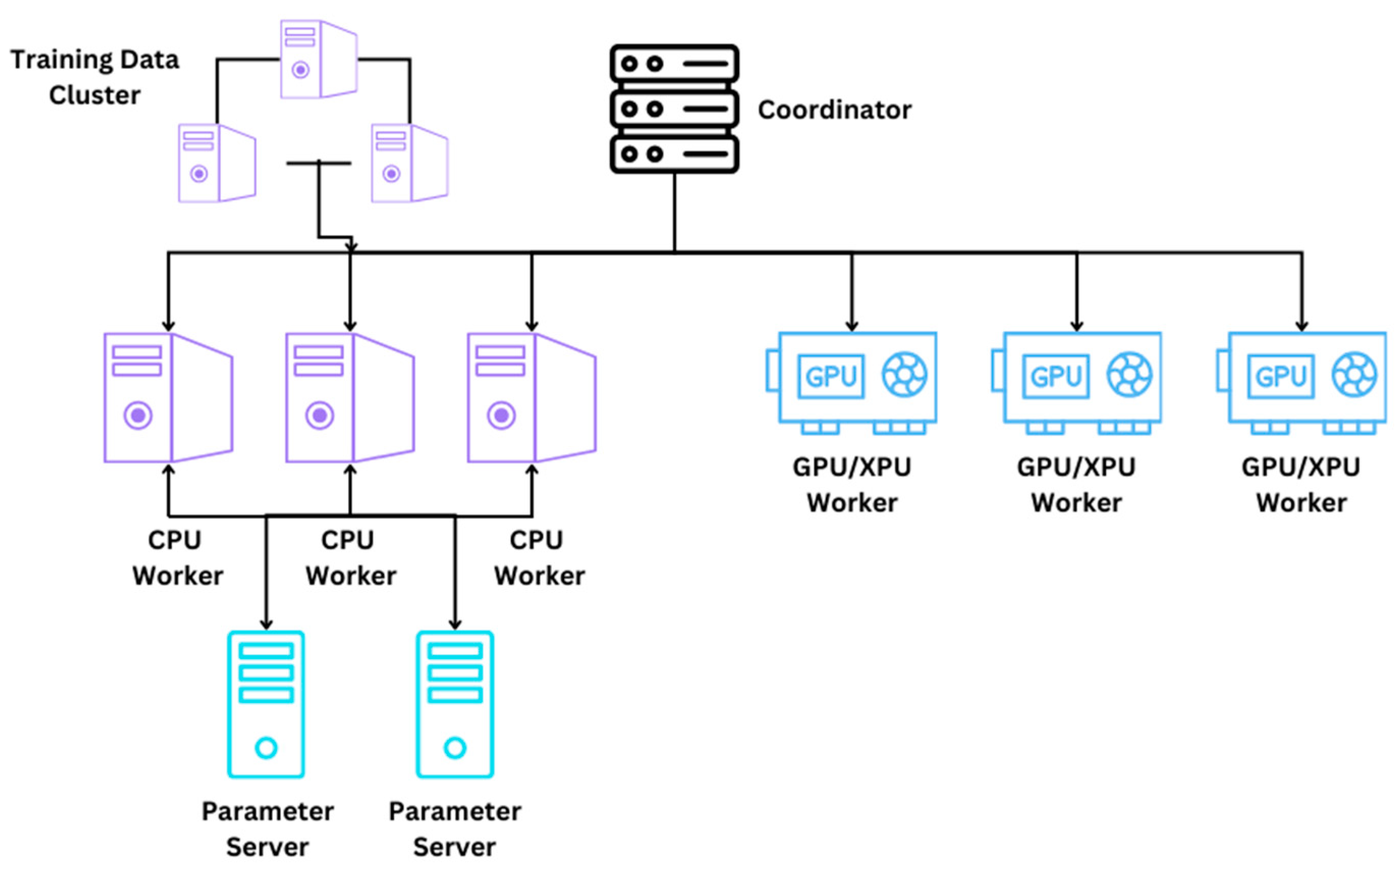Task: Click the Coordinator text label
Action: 834,110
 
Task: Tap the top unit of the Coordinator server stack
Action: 674,63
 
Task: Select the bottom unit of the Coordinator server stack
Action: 674,154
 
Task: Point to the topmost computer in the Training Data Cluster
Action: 318,59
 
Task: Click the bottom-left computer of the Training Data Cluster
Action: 216,163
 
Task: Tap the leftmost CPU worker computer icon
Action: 168,398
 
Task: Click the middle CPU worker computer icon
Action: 350,398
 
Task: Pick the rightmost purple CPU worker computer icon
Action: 531,398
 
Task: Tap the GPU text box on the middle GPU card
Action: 1056,377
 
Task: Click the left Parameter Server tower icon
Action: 266,704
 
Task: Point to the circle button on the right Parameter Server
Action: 455,748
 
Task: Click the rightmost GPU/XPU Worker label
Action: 1301,485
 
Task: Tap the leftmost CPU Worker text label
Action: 177,558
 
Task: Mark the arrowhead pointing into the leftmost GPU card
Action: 852,326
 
